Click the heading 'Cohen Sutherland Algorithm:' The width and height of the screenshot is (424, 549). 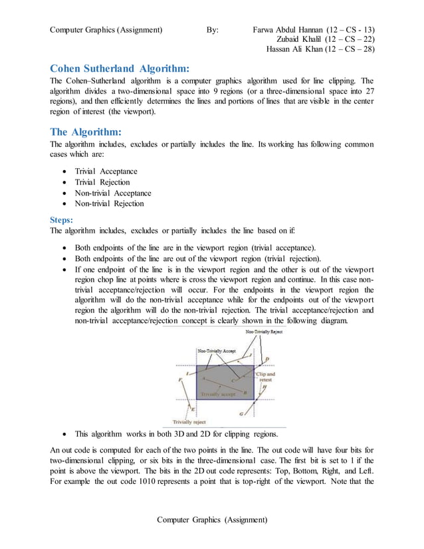(x=120, y=68)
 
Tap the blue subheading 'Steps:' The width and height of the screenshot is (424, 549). (x=63, y=219)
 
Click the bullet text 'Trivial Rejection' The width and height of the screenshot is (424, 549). (x=102, y=182)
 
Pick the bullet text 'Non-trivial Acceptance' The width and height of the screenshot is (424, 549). (x=113, y=193)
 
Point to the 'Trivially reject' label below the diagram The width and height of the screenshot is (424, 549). (x=189, y=421)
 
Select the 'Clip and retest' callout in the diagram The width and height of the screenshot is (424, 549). (x=266, y=376)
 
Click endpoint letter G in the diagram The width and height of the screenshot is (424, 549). (x=241, y=413)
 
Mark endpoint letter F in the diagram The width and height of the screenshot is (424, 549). (x=180, y=379)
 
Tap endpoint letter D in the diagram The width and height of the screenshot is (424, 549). (x=267, y=360)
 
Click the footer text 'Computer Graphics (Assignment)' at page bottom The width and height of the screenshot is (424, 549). (x=212, y=519)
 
